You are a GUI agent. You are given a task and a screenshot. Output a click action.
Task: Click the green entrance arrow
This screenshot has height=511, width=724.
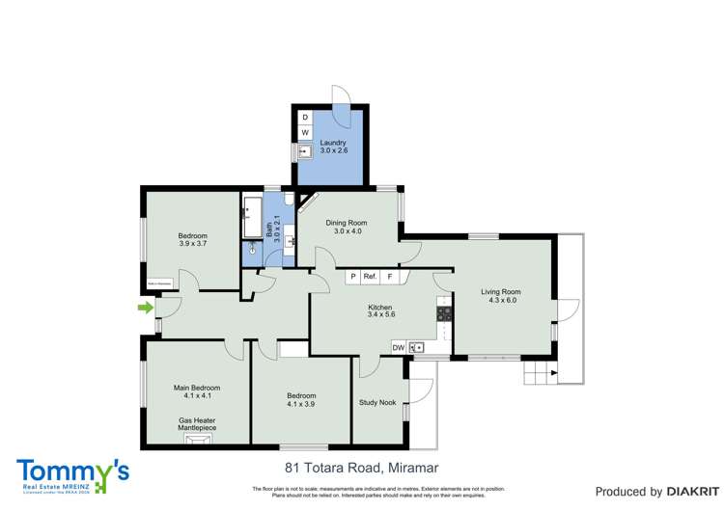[145, 308]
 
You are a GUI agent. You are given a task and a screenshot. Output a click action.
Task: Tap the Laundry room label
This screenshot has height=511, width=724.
[332, 148]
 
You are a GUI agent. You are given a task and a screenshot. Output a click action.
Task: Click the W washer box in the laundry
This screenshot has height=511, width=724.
[305, 132]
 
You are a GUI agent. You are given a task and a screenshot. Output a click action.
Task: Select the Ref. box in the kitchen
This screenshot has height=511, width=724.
[371, 277]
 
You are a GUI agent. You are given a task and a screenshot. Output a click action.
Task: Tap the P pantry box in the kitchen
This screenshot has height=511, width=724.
[353, 277]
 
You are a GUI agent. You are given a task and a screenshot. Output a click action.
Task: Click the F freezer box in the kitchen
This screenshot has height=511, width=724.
[390, 277]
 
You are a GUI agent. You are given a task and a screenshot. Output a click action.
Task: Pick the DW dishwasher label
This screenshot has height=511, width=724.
[398, 347]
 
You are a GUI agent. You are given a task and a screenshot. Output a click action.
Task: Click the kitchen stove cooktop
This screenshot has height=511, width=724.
[445, 313]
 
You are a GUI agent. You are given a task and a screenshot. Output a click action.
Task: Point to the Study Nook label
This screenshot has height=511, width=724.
[377, 403]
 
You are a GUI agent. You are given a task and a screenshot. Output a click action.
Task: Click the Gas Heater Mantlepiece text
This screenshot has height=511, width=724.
[197, 425]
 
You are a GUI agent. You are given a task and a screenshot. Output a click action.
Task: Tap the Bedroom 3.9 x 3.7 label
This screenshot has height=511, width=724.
[192, 240]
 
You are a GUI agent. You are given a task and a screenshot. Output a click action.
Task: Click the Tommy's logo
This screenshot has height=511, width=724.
[71, 475]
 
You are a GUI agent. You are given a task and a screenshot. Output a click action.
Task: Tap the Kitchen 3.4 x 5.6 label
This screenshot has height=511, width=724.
[381, 310]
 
